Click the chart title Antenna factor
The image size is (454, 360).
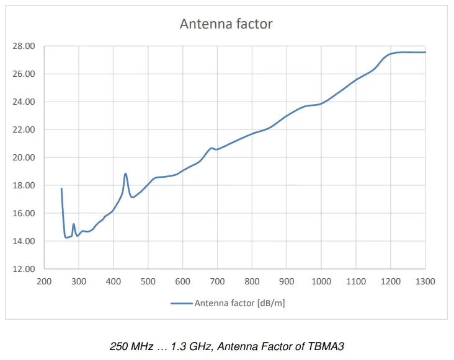226,24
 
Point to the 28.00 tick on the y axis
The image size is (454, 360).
24,46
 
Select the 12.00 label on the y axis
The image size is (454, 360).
24,269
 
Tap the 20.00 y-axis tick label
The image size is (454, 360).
24,157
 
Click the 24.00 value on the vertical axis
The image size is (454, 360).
24,102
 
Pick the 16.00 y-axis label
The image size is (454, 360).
24,213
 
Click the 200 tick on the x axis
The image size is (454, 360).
44,282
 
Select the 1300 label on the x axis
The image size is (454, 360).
425,282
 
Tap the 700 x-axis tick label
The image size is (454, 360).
217,282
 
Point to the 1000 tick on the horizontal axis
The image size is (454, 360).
321,282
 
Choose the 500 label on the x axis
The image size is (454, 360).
148,282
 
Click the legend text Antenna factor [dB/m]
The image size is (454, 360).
240,303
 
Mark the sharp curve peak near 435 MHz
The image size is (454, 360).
125,174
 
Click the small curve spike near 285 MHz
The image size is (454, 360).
74,224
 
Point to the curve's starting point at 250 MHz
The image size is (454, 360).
61,188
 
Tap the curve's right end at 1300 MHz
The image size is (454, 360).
425,52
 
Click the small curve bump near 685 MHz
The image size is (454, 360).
211,148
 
